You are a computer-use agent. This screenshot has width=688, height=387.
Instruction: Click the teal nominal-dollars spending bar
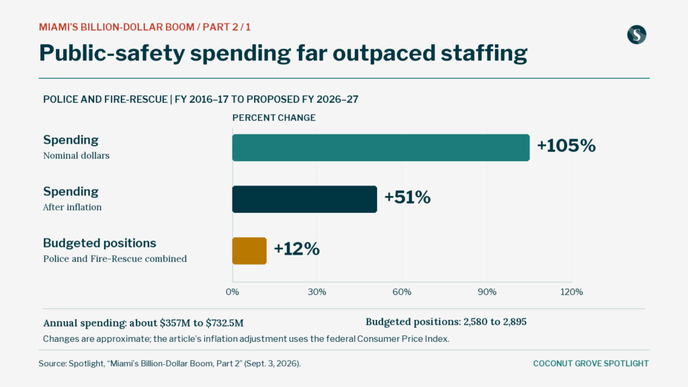pyautogui.click(x=381, y=147)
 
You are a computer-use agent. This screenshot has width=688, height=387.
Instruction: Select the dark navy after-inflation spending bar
pyautogui.click(x=304, y=199)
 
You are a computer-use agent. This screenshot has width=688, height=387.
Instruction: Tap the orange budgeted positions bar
pyautogui.click(x=249, y=251)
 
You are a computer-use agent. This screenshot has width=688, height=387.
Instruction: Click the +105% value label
pyautogui.click(x=566, y=146)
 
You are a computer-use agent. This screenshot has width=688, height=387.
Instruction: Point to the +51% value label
pyautogui.click(x=407, y=198)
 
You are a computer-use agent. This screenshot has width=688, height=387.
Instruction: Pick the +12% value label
pyautogui.click(x=296, y=249)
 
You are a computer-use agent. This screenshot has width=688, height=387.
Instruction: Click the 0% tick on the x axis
pyautogui.click(x=232, y=292)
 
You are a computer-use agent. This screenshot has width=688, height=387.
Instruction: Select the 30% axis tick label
pyautogui.click(x=317, y=292)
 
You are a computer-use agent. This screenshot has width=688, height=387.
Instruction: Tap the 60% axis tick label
pyautogui.click(x=402, y=292)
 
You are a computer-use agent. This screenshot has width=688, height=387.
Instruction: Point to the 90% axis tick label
pyautogui.click(x=487, y=292)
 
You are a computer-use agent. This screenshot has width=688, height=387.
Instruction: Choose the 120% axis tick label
pyautogui.click(x=572, y=292)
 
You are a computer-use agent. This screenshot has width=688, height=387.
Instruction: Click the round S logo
pyautogui.click(x=637, y=35)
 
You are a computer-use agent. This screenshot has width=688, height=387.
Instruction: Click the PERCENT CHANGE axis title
pyautogui.click(x=274, y=118)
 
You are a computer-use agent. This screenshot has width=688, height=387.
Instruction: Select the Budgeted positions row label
pyautogui.click(x=99, y=243)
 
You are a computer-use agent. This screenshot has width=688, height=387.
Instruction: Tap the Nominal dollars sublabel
pyautogui.click(x=77, y=156)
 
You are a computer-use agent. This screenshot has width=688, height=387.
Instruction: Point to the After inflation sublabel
pyautogui.click(x=73, y=207)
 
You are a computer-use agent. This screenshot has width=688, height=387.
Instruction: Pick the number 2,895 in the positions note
pyautogui.click(x=515, y=322)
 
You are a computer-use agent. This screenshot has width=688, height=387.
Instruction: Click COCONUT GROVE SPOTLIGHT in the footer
pyautogui.click(x=591, y=363)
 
